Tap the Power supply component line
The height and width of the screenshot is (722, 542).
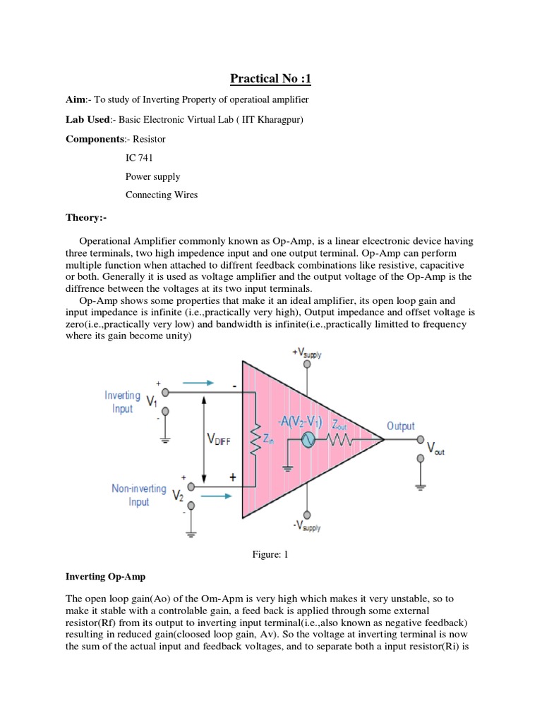pos(152,176)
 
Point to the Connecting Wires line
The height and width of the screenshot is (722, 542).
pos(162,195)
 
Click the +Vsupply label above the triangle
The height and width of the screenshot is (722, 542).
pos(306,353)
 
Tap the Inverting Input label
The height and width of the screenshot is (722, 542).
pos(122,402)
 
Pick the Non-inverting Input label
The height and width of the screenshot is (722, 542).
pos(138,495)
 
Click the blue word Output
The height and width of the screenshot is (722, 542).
pos(400,426)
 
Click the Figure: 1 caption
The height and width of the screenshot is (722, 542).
pos(271,555)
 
